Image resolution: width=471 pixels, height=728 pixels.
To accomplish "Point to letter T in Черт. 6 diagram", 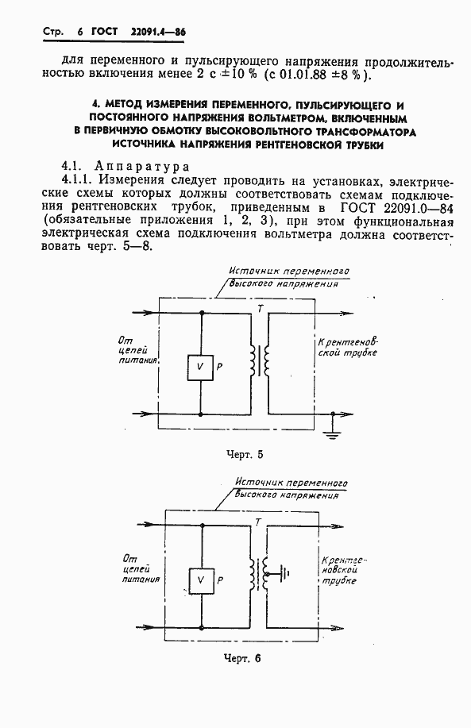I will pos(259,522).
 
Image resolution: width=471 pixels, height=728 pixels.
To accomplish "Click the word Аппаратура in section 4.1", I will pos(141,167).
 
